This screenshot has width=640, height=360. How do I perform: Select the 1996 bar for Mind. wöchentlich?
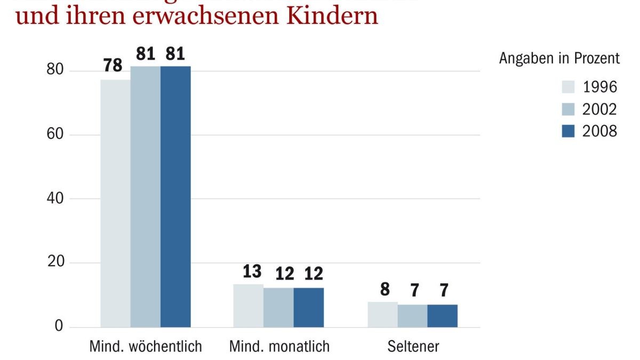coord(115,203)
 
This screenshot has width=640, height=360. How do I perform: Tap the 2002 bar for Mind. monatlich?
coord(278,307)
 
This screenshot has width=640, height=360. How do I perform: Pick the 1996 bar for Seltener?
coord(382,314)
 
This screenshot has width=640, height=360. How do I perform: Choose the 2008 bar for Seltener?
coord(442,316)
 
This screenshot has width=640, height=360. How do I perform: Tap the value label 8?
coord(385,290)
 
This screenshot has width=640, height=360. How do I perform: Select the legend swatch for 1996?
coord(569,87)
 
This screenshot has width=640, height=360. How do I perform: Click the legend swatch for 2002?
coord(569,109)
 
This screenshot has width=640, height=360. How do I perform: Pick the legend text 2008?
coord(599,131)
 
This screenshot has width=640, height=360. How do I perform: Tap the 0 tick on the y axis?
coord(59,326)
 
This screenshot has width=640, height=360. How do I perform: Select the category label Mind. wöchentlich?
coord(145,347)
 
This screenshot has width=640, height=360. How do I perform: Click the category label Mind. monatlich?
coord(279,347)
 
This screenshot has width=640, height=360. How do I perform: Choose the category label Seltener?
coord(413,347)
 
